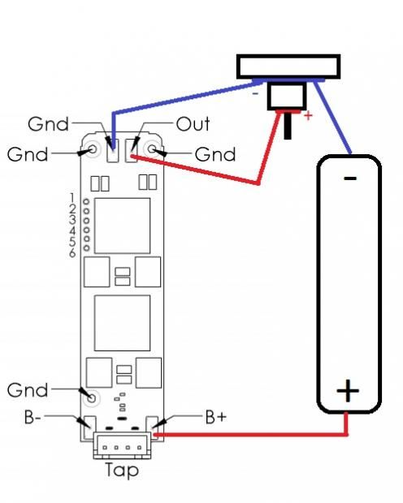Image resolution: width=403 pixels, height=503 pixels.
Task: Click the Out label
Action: (x=193, y=124)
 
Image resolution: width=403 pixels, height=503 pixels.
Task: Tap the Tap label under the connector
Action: (x=122, y=471)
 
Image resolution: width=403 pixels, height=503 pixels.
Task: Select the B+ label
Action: (x=216, y=417)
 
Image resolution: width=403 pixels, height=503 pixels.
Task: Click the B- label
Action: (x=32, y=417)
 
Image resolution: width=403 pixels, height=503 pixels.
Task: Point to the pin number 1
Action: (x=72, y=197)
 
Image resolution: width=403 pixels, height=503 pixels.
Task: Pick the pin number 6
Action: (x=72, y=253)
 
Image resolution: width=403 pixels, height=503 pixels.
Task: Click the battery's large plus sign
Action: (x=348, y=390)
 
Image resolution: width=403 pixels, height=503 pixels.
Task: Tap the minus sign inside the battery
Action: (x=350, y=178)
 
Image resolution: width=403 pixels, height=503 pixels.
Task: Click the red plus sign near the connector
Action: (x=308, y=115)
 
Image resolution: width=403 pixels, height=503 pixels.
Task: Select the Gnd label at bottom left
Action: (x=28, y=390)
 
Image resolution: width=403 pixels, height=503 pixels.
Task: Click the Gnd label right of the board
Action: (x=215, y=154)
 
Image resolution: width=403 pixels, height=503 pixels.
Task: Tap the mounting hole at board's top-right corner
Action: (x=153, y=148)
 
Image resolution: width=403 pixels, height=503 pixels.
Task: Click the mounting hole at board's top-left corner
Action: (x=93, y=148)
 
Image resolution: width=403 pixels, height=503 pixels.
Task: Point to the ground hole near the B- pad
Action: (x=92, y=398)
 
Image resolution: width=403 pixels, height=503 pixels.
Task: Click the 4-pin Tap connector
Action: (x=122, y=445)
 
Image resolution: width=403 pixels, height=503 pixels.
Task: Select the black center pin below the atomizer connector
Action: (x=288, y=126)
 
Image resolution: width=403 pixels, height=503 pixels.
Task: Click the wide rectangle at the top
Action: (x=288, y=67)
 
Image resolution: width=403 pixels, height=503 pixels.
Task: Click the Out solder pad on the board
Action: (x=132, y=150)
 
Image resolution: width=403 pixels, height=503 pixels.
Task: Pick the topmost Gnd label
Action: (x=48, y=124)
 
